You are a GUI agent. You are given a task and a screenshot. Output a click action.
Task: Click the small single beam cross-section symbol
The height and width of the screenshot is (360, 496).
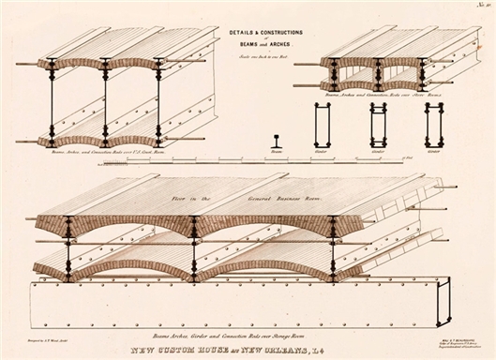pyautogui.click(x=276, y=141)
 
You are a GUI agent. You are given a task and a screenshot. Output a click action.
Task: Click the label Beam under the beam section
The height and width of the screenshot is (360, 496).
pyautogui.click(x=276, y=150)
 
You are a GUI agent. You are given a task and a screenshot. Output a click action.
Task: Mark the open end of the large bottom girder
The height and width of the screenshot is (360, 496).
pyautogui.click(x=443, y=301)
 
